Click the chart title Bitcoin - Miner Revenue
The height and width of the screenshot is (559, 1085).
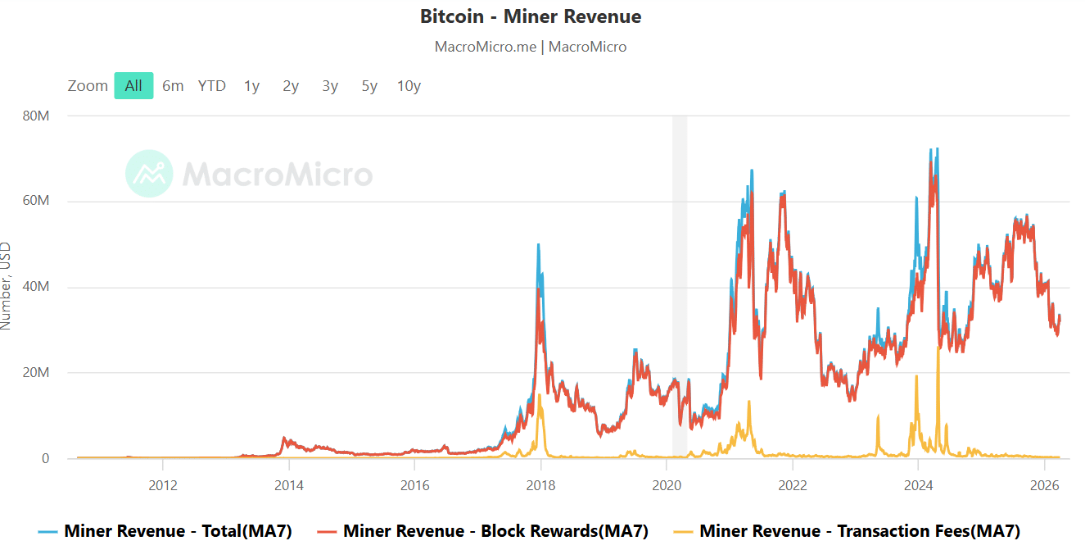pos(531,16)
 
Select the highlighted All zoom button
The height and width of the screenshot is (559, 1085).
pos(133,86)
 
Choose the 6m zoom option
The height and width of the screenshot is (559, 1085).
pos(173,86)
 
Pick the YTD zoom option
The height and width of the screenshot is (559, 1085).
pos(212,86)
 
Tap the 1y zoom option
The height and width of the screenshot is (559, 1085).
pos(251,86)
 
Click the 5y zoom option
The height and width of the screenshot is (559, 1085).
pos(369,86)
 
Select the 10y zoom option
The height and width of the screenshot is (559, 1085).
pos(409,86)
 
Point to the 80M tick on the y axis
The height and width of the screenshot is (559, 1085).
pos(36,116)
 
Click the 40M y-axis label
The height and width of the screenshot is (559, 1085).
pos(36,287)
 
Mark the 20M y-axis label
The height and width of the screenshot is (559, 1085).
pos(36,372)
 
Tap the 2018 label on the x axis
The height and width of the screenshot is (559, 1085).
pos(540,484)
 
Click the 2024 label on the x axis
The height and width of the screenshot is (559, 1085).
pos(918,484)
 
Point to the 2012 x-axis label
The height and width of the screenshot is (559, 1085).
pos(163,484)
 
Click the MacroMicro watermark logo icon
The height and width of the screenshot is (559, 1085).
pos(149,174)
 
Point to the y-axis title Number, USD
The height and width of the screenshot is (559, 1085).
pos(7,285)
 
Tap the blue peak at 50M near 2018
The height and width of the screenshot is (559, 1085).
pos(538,245)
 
